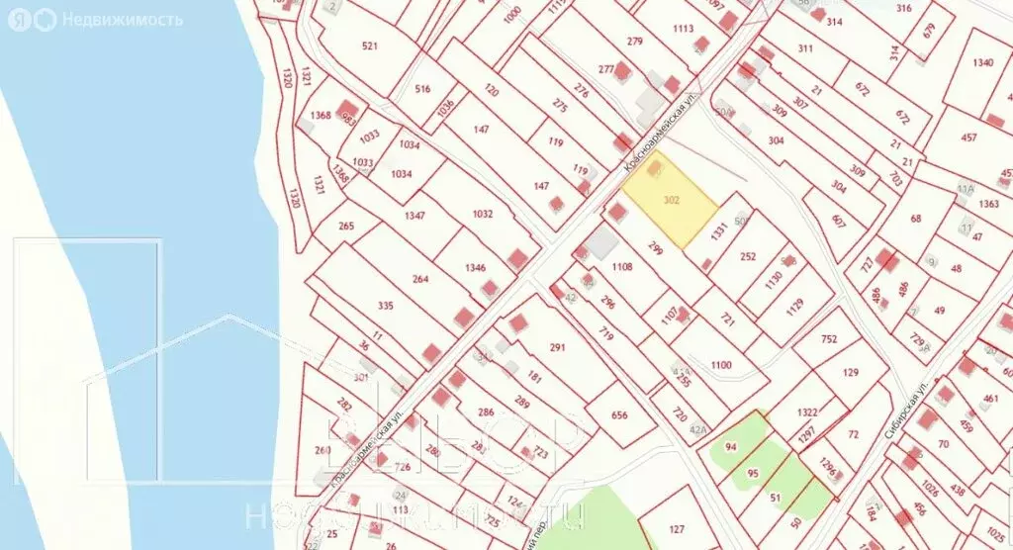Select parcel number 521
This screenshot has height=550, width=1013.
pyautogui.click(x=371, y=46)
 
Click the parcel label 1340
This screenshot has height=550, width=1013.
pyautogui.click(x=982, y=63)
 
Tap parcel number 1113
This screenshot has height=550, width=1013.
pyautogui.click(x=683, y=29)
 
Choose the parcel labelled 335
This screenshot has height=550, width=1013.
pyautogui.click(x=386, y=306)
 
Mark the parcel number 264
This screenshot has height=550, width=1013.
pyautogui.click(x=420, y=279)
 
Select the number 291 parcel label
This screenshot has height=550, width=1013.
pyautogui.click(x=557, y=347)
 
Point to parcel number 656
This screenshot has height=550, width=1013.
pyautogui.click(x=619, y=414)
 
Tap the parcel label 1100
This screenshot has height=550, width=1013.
pyautogui.click(x=721, y=365)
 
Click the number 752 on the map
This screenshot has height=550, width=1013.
pyautogui.click(x=828, y=339)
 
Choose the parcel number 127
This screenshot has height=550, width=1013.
pyautogui.click(x=677, y=528)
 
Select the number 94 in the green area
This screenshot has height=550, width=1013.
pyautogui.click(x=731, y=447)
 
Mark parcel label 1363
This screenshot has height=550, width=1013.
pyautogui.click(x=989, y=204)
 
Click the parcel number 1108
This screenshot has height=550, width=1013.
pyautogui.click(x=621, y=267)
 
